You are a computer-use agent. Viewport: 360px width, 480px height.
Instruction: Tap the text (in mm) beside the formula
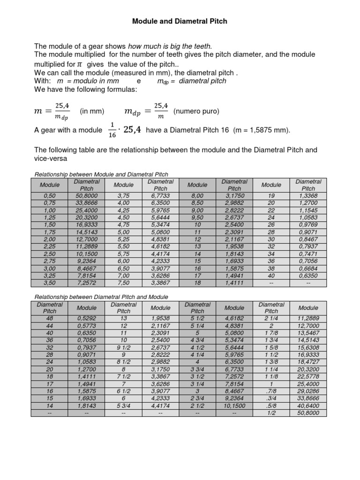(91, 112)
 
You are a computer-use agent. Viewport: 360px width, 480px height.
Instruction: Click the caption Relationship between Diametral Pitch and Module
(102, 297)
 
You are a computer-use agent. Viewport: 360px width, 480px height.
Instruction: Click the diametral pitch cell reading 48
(49, 318)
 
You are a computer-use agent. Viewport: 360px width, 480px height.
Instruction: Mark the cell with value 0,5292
(87, 318)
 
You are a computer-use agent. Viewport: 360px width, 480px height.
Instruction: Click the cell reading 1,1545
(308, 210)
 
